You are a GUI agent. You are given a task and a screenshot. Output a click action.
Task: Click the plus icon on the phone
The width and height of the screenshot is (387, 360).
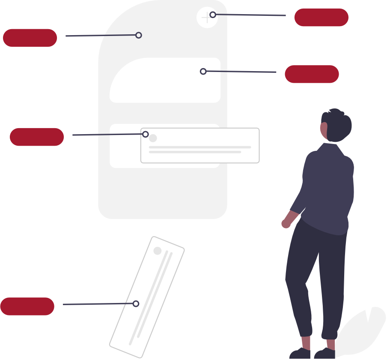(206, 18)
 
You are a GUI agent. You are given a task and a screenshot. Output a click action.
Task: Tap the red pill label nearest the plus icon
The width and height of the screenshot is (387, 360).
(321, 17)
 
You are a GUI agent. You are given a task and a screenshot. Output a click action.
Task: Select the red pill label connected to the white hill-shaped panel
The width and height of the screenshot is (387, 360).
(312, 74)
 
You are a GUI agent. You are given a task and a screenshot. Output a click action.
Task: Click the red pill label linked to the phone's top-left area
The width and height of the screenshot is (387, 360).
(30, 38)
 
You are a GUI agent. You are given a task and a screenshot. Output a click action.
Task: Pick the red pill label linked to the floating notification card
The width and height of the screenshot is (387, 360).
(37, 137)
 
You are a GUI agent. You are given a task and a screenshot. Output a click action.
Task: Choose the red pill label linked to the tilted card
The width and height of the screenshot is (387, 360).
(27, 306)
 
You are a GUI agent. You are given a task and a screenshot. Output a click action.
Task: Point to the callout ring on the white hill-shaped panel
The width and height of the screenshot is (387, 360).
(203, 71)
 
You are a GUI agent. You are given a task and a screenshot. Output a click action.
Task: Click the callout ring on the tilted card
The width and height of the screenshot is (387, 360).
(136, 303)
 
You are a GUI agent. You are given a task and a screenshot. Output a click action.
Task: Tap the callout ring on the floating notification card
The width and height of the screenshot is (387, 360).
(146, 134)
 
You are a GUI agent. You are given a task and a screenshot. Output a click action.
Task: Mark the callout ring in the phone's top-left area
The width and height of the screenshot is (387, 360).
(139, 35)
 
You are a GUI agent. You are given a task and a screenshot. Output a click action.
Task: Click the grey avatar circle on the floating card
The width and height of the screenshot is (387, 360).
(153, 138)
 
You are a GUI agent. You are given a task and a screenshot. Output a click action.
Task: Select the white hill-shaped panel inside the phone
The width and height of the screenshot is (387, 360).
(165, 84)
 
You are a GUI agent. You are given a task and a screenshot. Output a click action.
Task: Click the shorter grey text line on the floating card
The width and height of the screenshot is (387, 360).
(195, 152)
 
